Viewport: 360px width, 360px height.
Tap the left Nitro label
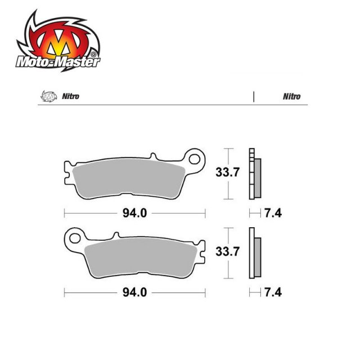pos(71,96)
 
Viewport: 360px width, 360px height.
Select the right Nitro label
pos(292,96)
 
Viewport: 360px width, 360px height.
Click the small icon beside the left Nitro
pos(48,96)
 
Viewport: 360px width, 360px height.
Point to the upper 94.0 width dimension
pos(135,213)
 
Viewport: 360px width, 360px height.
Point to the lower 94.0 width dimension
pos(135,292)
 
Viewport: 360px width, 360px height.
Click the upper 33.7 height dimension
pos(227,173)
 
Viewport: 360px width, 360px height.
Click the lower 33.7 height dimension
pos(227,253)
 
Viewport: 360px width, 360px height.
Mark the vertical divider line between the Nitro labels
pos(254,96)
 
